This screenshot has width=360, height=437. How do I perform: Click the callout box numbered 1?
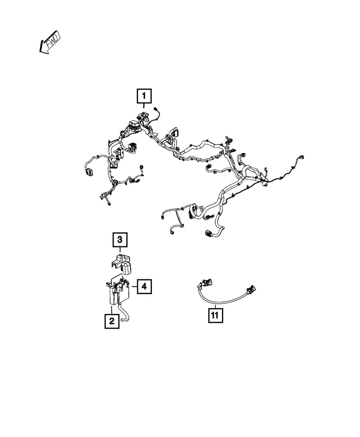tap(144, 96)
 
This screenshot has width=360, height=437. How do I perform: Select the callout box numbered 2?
tap(112, 320)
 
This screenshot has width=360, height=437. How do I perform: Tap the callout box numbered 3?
tap(120, 239)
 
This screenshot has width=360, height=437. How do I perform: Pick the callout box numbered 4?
tap(144, 287)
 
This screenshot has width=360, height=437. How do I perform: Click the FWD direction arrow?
tap(50, 42)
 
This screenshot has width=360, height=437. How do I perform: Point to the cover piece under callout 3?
tap(122, 262)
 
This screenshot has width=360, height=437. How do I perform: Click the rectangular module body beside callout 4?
tap(117, 293)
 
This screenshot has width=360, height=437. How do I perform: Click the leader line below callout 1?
tap(144, 106)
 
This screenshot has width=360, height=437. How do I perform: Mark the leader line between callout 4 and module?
tap(134, 287)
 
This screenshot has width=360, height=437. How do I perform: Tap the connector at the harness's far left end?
tap(88, 172)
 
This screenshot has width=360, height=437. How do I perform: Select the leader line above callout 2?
tap(112, 310)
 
